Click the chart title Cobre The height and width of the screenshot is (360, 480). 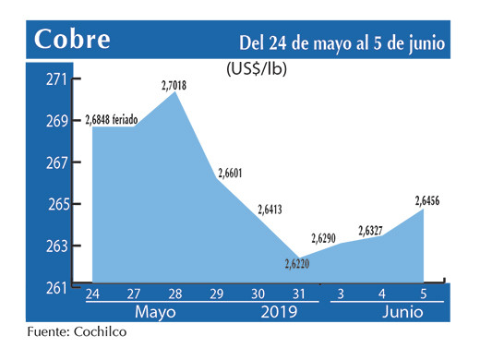pyautogui.click(x=73, y=40)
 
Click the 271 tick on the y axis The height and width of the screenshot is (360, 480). pyautogui.click(x=57, y=79)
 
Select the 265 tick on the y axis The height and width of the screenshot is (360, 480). pyautogui.click(x=57, y=204)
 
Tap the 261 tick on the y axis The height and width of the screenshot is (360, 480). pyautogui.click(x=57, y=287)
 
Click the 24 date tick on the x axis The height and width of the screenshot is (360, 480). pyautogui.click(x=93, y=294)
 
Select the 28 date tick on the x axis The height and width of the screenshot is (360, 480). pyautogui.click(x=175, y=294)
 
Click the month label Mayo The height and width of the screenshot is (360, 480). pyautogui.click(x=154, y=313)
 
